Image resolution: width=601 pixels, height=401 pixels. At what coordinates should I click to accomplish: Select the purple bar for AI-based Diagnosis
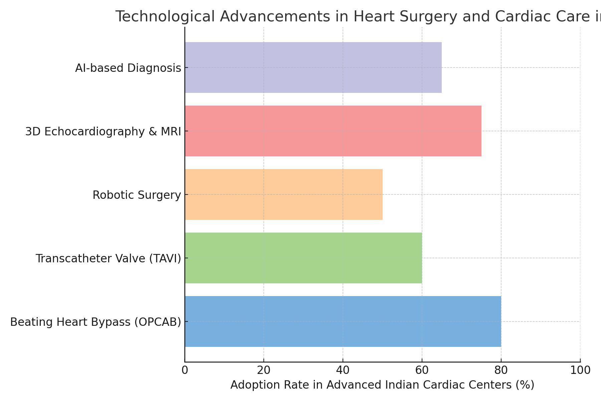click(x=313, y=68)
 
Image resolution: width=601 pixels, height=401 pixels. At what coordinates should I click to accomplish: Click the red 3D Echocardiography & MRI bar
click(x=333, y=131)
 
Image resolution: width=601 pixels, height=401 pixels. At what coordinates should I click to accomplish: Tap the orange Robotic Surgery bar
click(x=283, y=194)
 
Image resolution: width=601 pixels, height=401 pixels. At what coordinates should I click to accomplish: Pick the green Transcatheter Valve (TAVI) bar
click(x=303, y=258)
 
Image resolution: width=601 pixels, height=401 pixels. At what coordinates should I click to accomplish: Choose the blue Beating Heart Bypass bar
click(x=343, y=321)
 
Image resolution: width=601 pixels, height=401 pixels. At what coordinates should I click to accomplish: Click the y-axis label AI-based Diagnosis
click(x=128, y=68)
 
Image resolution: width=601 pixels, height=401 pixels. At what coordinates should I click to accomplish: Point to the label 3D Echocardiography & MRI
click(x=103, y=132)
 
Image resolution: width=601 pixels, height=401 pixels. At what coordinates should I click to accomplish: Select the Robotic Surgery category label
click(x=137, y=195)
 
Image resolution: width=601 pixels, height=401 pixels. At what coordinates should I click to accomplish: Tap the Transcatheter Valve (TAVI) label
click(x=108, y=259)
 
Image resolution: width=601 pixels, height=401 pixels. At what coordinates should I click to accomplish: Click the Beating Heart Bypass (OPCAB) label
click(x=95, y=322)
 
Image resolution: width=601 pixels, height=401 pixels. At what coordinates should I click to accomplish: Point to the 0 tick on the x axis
click(x=185, y=370)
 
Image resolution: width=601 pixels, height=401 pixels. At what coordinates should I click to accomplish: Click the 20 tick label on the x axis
click(x=264, y=370)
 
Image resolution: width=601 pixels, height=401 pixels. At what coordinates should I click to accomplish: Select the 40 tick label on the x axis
click(x=343, y=370)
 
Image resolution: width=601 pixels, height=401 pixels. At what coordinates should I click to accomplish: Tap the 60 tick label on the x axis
click(x=422, y=370)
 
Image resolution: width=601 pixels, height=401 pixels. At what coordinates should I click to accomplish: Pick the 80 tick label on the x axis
click(x=501, y=370)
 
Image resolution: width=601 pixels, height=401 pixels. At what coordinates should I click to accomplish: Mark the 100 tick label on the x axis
click(x=580, y=370)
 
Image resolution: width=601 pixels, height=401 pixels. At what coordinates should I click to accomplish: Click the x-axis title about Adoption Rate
click(x=382, y=385)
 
